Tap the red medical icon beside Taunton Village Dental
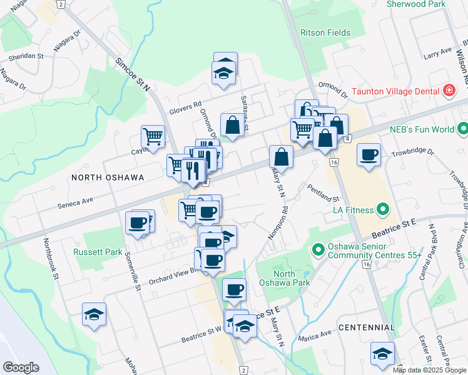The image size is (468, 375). (x=448, y=91)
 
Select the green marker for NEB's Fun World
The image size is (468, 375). (x=462, y=130)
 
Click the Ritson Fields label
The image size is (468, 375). (x=325, y=32)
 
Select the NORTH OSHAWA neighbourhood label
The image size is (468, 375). (x=108, y=177)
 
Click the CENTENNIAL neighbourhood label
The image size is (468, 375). (x=367, y=327)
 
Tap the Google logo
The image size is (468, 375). (x=21, y=367)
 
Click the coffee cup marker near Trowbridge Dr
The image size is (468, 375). (x=369, y=155)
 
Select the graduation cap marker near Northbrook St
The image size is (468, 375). (x=94, y=314)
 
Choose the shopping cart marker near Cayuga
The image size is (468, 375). (x=153, y=136)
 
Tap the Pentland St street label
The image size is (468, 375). (x=323, y=191)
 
